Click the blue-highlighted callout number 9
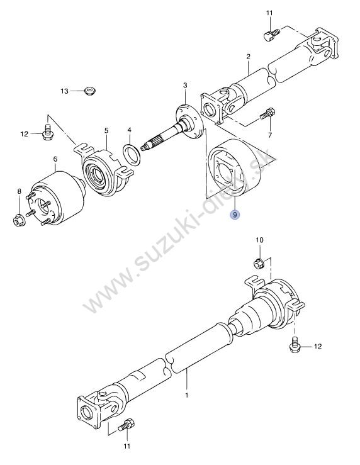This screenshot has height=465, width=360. pos(235,214)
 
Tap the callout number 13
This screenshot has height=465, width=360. pos(64,91)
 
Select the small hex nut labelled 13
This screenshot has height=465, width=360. pos(89,91)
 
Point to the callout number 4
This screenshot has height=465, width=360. pos(129,130)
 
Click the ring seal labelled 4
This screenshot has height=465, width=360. pos(131,154)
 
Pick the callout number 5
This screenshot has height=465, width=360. pos(106,130)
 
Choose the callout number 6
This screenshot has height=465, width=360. pos(55,159)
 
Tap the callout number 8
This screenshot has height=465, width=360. pos(20,191)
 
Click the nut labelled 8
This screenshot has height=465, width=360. pos(20,220)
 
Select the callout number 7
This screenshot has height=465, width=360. pos(270,135)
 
